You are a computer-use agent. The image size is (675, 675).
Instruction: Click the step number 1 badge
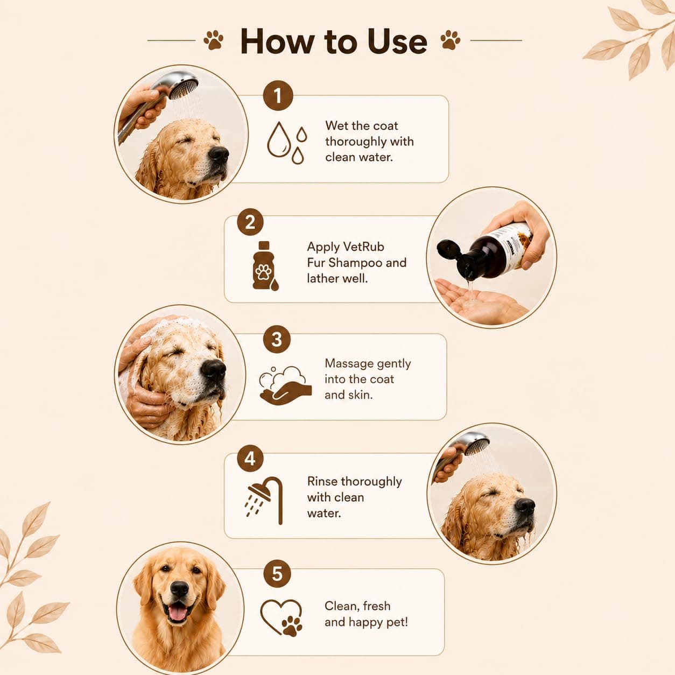pos(278,96)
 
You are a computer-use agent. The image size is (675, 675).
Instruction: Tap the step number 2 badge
pos(250,222)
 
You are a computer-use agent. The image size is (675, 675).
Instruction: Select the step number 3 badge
pos(277,339)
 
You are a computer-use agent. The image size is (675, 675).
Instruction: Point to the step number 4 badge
pos(250,459)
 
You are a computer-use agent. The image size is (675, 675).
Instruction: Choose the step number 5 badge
pos(277,574)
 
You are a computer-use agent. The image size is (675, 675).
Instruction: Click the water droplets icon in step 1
pos(287,143)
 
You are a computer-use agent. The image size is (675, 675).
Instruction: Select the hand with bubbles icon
pos(285,385)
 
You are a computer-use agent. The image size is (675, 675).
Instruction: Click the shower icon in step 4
pos(264,500)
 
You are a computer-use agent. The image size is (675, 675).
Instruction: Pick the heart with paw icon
pos(282,617)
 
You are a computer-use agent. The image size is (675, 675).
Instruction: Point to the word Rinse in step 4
pos(322,481)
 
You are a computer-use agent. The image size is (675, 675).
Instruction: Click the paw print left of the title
pos(213,40)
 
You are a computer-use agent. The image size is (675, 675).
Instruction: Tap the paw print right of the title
pos(451,40)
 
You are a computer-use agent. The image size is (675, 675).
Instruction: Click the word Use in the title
pos(397,41)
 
